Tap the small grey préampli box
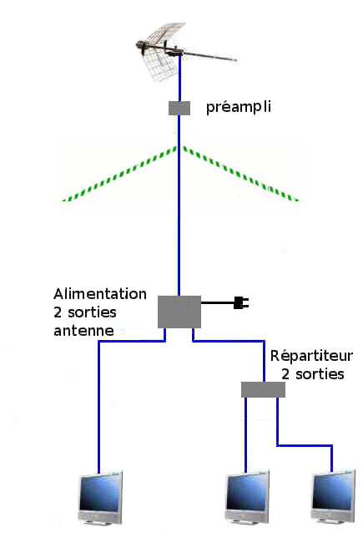(x=179, y=108)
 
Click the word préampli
(x=238, y=108)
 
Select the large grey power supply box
(x=179, y=312)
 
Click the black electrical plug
(x=241, y=302)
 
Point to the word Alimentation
(x=100, y=294)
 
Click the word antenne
(x=83, y=331)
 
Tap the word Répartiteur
(x=311, y=356)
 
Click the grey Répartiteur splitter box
(x=263, y=389)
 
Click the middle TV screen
(x=247, y=496)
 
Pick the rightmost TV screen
(x=333, y=495)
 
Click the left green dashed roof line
(x=119, y=174)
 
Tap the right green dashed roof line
(x=241, y=174)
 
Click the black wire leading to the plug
(x=218, y=302)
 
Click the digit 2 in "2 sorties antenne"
(x=58, y=312)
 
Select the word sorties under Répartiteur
(x=320, y=374)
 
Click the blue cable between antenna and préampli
(x=180, y=79)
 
